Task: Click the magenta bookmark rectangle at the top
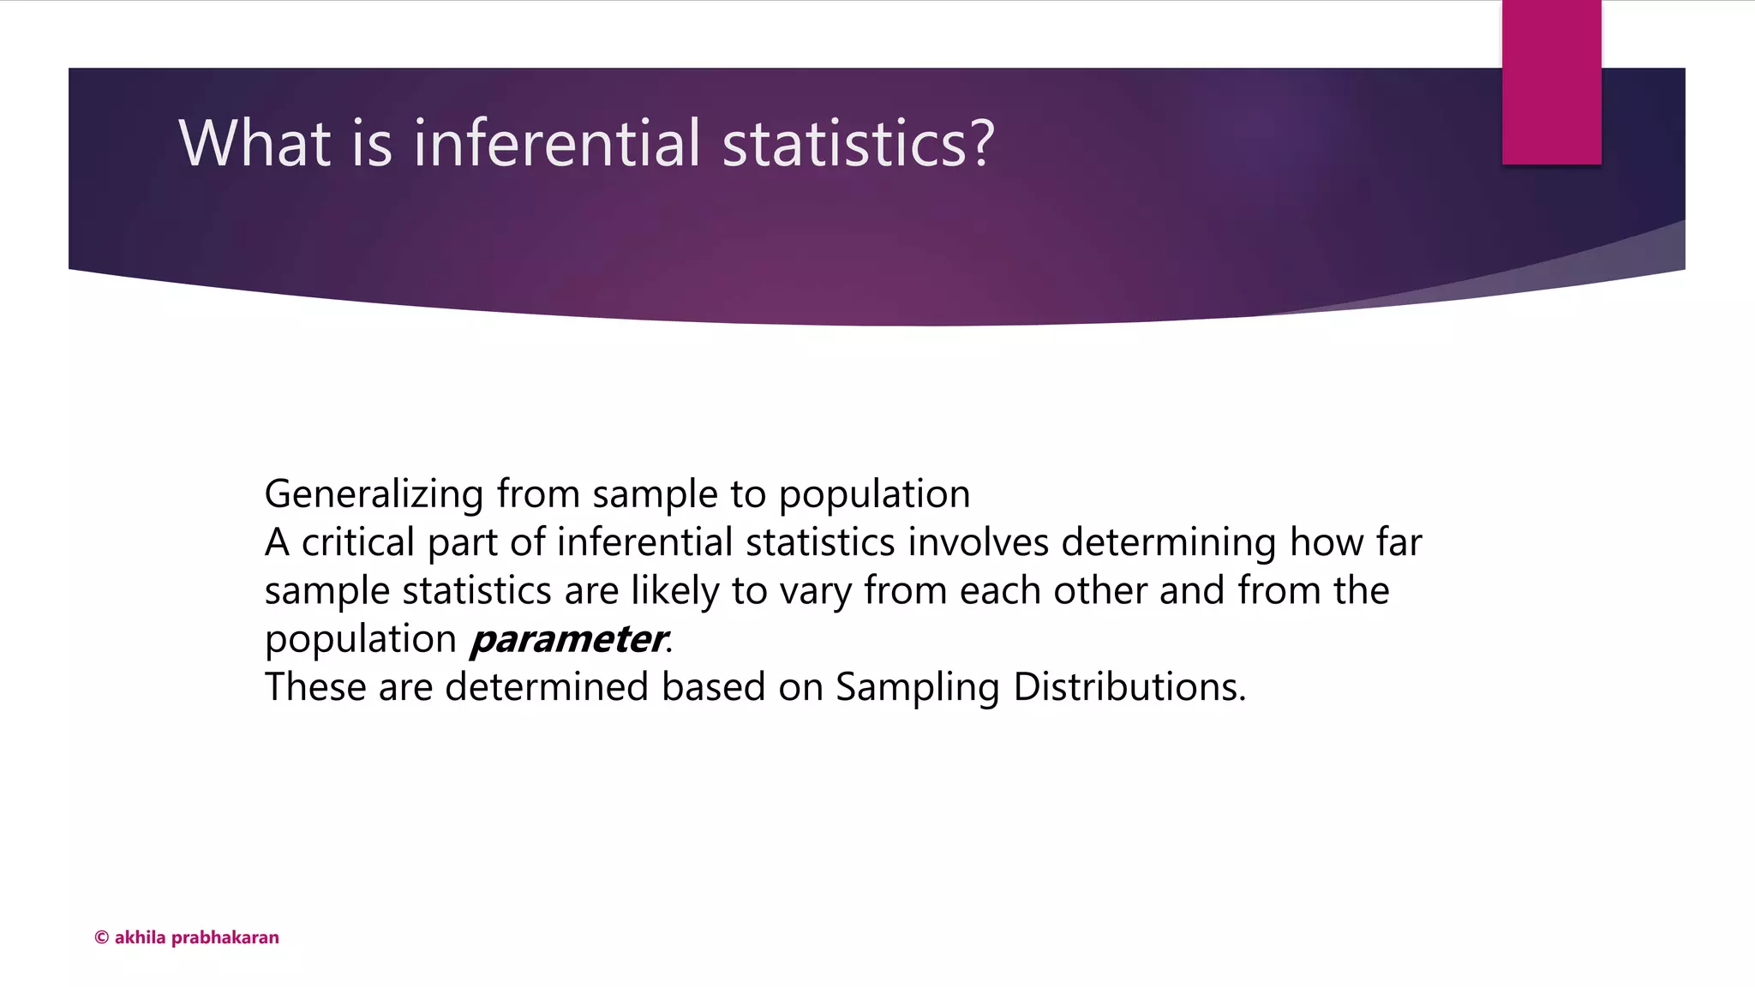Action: [x=1551, y=82]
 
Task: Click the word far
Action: [x=1399, y=542]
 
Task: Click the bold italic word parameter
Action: [x=568, y=640]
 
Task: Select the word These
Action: [x=314, y=687]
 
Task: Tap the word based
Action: [x=713, y=687]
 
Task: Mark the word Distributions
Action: [x=1129, y=687]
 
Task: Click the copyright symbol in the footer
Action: [x=101, y=937]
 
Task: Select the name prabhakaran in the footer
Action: [x=225, y=938]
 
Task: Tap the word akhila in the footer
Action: [x=140, y=937]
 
